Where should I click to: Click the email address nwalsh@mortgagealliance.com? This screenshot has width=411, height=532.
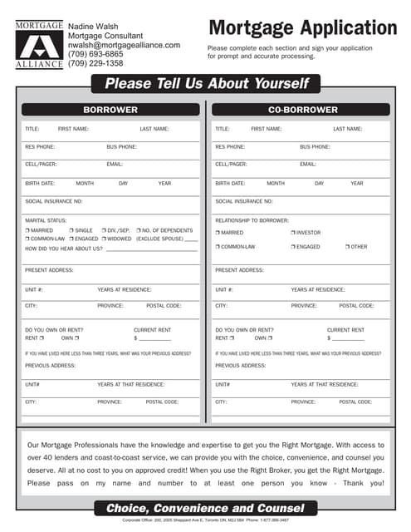[124, 45]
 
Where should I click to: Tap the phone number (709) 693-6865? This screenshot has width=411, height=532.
[95, 54]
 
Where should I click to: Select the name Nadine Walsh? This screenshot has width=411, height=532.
[92, 27]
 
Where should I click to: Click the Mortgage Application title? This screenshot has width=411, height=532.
[302, 29]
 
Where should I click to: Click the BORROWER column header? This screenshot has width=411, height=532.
[110, 110]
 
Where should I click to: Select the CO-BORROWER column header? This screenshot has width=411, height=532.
[302, 110]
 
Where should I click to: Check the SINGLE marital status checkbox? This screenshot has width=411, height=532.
[73, 230]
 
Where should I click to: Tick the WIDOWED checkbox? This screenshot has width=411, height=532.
[102, 239]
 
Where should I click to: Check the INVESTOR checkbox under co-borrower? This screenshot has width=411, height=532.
[294, 233]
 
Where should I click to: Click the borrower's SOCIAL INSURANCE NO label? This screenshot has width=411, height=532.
[54, 201]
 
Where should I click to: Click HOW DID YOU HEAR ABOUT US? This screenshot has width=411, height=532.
[63, 249]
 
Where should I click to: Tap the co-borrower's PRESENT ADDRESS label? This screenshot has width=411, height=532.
[240, 270]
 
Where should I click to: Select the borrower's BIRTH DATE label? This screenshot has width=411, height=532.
[40, 183]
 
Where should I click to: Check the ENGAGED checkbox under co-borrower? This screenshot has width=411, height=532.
[294, 247]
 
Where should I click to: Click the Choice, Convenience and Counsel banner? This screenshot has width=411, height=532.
[205, 508]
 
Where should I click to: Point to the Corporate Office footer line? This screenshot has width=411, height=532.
[205, 520]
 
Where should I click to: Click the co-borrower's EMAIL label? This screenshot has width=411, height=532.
[308, 165]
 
